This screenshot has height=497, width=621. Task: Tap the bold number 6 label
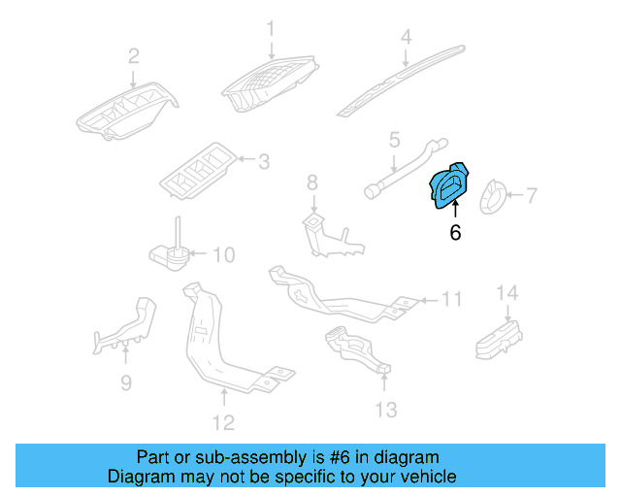point(455,233)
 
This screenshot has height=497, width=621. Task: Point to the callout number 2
point(134,54)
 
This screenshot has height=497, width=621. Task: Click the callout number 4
point(407,37)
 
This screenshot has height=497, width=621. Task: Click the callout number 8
point(312,182)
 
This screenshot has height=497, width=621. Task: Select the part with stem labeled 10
point(169,251)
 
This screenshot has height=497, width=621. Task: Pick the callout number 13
point(386,411)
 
